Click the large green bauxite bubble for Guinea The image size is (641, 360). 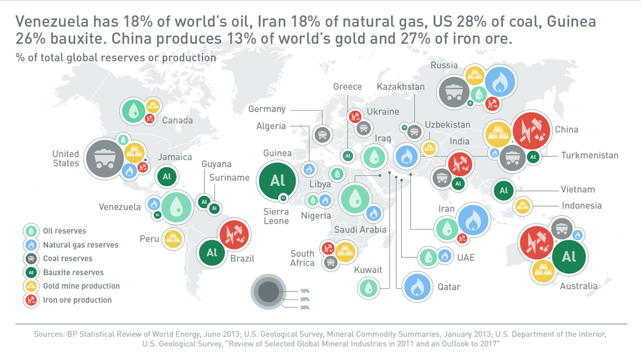tap(278, 180)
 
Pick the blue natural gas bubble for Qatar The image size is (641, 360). tap(418, 287)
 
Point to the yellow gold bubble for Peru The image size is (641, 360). tap(173, 239)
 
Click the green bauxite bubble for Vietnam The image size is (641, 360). tap(503, 190)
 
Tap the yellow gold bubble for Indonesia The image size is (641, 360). tap(523, 206)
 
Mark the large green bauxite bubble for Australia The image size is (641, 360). tap(569, 257)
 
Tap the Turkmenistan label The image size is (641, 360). tap(590, 155)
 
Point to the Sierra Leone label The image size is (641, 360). tap(276, 216)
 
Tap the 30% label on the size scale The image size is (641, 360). tap(304, 307)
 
